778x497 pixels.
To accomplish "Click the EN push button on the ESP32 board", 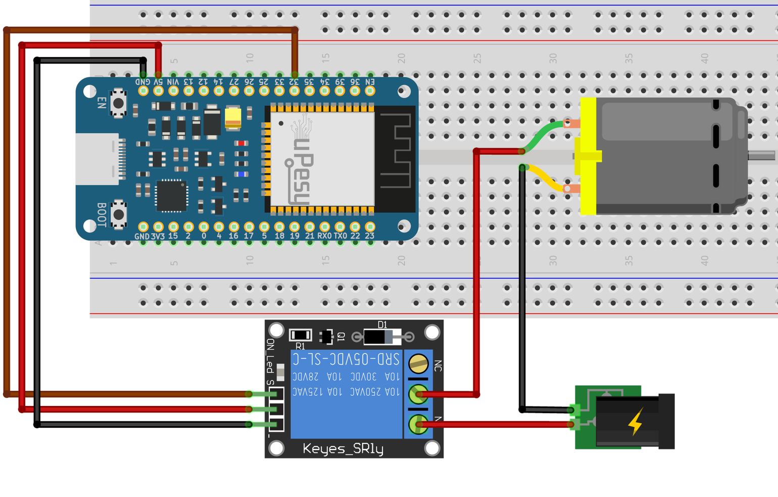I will [118, 103].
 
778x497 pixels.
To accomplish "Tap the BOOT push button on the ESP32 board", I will [118, 214].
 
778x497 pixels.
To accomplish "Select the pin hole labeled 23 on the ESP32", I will [370, 227].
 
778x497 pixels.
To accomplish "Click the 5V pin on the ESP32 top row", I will [158, 91].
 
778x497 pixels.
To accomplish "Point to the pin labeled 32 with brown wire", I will [294, 91].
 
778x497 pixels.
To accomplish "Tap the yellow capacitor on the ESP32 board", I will [233, 117].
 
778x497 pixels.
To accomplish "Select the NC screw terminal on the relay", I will [418, 363].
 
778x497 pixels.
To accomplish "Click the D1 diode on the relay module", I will [382, 336].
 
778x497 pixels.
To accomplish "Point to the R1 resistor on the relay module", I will [300, 335].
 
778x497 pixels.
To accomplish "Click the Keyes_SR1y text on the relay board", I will [343, 448].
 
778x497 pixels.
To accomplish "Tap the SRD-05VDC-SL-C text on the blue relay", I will [347, 359].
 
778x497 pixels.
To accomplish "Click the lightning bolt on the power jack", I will [636, 422].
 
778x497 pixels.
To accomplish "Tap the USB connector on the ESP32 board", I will [99, 159].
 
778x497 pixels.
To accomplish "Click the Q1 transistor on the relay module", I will [326, 336].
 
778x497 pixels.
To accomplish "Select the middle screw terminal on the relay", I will [418, 394].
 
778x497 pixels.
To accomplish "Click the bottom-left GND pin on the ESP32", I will [143, 227].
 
